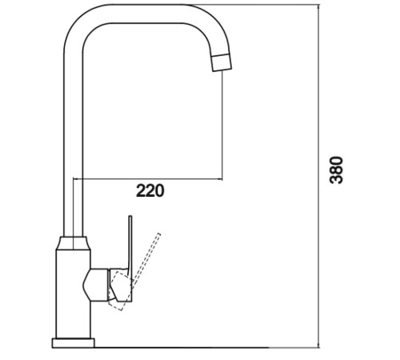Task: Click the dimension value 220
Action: (x=150, y=190)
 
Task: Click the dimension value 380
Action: (x=336, y=170)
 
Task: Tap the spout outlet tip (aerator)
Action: (x=222, y=62)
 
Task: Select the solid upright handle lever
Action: (x=130, y=246)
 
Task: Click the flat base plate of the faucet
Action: (x=74, y=343)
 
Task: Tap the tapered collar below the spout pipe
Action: (x=74, y=243)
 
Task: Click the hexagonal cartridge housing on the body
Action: (x=96, y=285)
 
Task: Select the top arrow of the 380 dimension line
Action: (x=318, y=7)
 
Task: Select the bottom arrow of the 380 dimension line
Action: (x=318, y=345)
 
